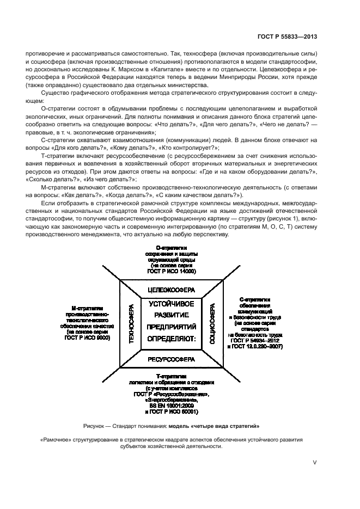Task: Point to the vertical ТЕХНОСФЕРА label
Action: click(131, 324)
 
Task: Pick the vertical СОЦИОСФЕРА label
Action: click(213, 324)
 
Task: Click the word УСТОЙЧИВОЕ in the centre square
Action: click(172, 304)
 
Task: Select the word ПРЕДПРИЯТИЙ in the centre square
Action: click(172, 328)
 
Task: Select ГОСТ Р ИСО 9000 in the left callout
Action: click(88, 338)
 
